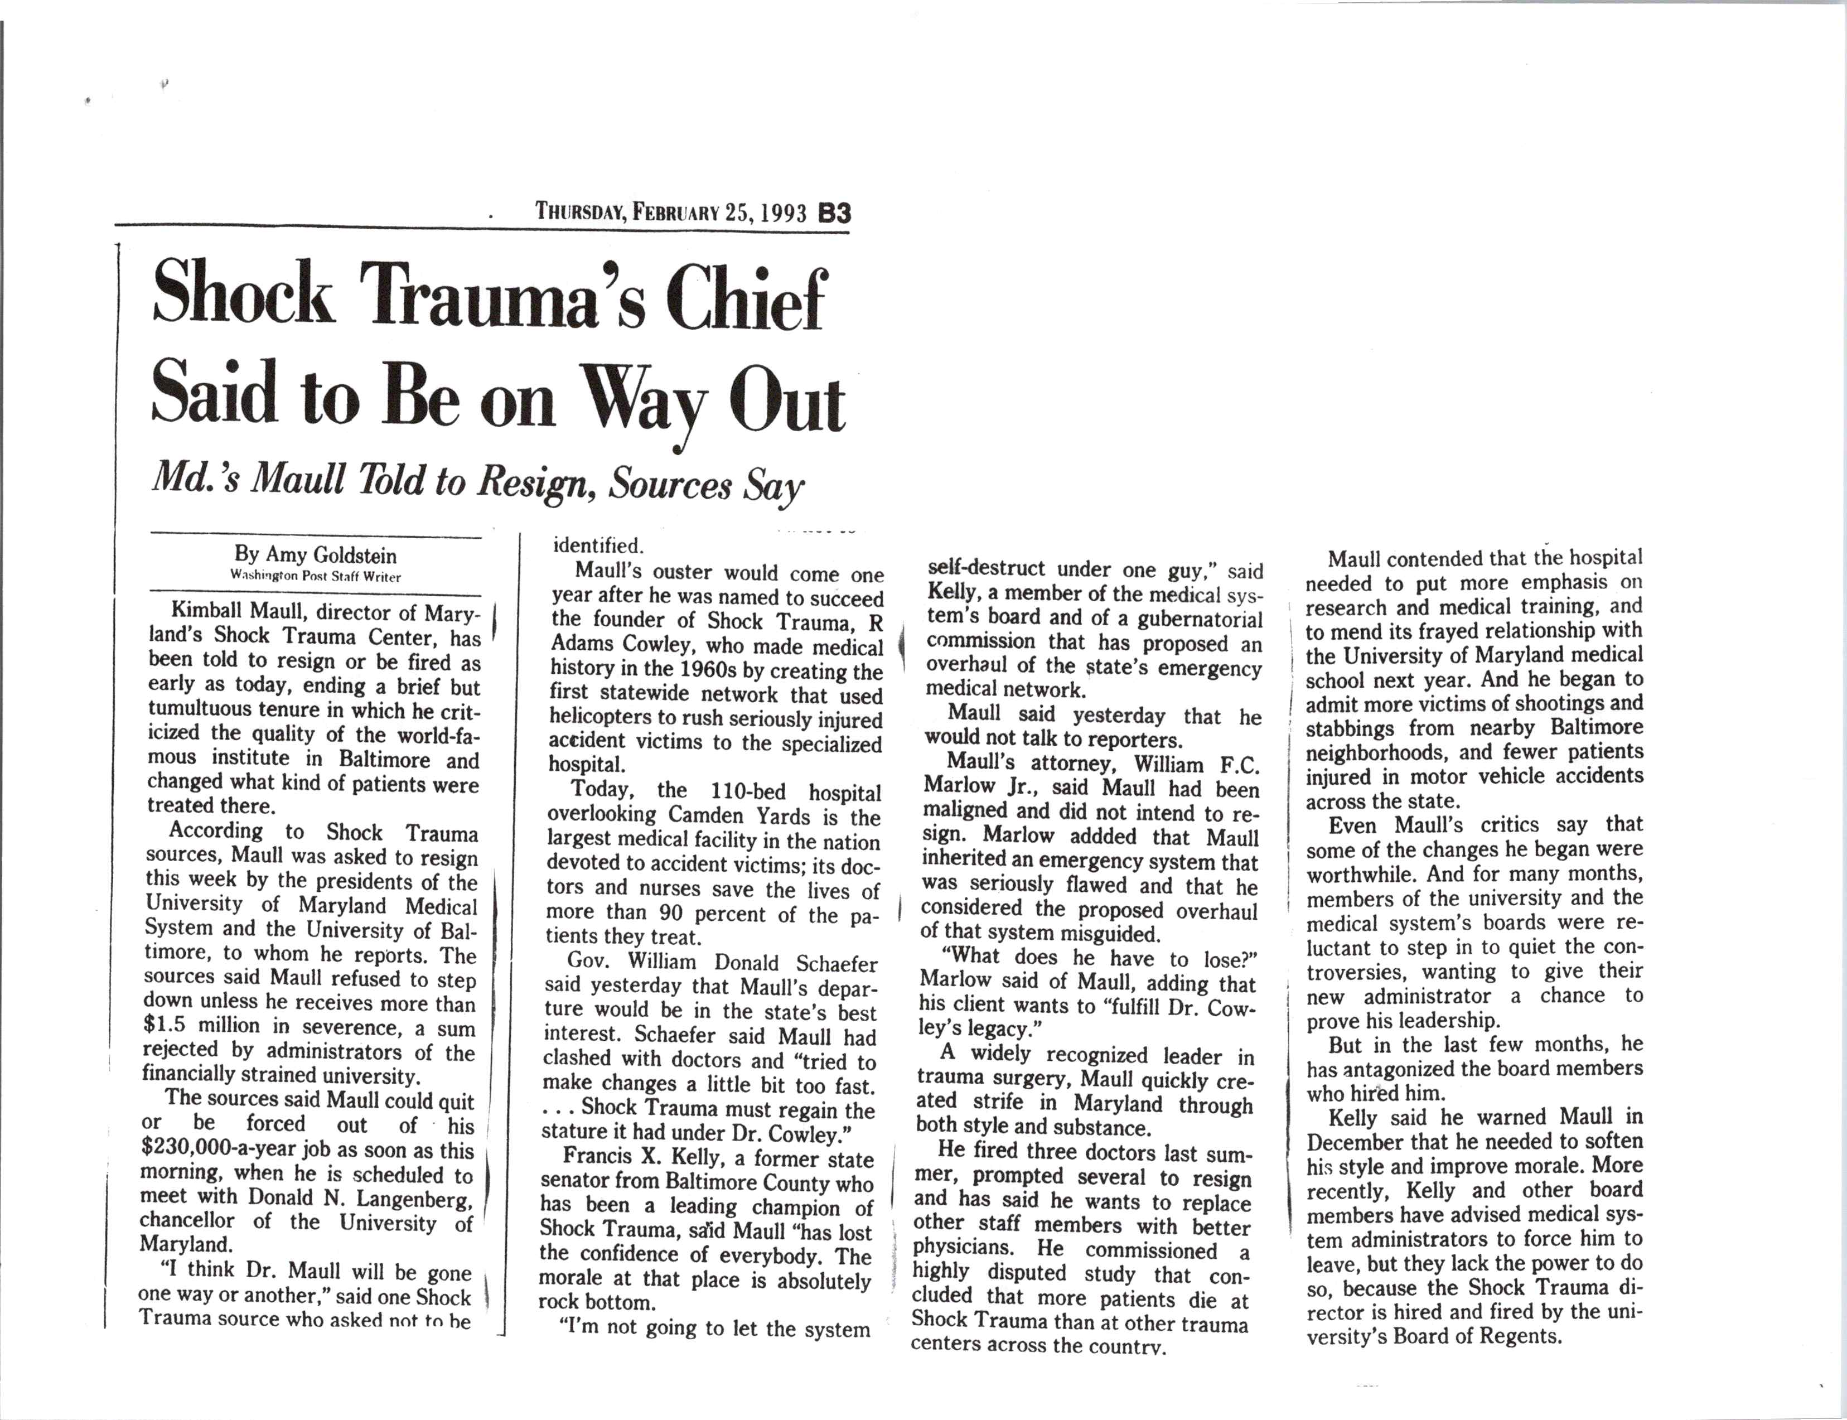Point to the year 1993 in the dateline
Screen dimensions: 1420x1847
coord(782,213)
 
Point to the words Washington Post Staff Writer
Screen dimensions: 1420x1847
coord(315,577)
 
